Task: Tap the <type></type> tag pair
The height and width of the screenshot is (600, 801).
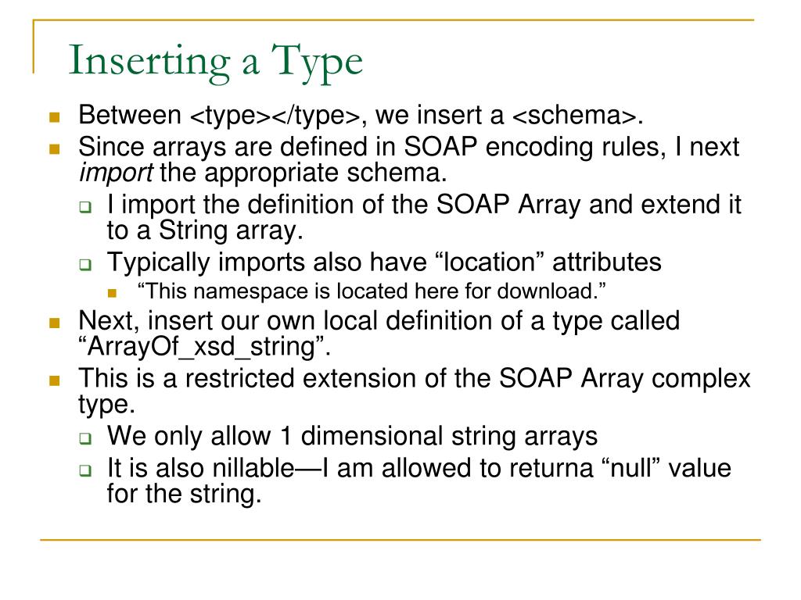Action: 275,116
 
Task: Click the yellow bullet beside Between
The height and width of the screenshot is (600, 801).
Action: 54,118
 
